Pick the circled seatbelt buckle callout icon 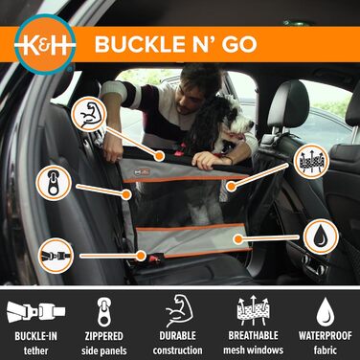point(54,256)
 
